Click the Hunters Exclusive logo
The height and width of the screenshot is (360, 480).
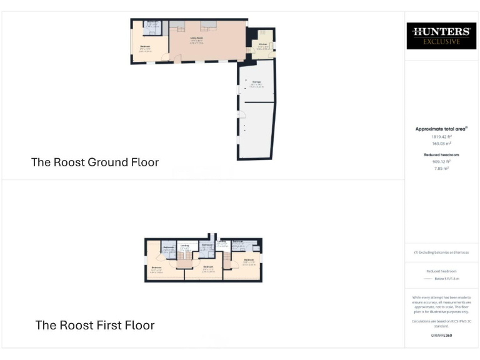pos(441,36)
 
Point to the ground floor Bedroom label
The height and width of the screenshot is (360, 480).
pos(145,47)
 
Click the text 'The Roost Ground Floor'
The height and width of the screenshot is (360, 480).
pos(95,162)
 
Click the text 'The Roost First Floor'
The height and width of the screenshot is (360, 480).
pos(95,325)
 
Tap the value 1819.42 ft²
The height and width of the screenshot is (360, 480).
pos(441,136)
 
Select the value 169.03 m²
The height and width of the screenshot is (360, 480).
pos(441,143)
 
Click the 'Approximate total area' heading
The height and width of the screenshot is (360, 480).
pos(441,129)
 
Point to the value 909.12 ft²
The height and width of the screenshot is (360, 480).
pos(441,161)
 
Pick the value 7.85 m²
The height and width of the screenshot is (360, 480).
pos(441,168)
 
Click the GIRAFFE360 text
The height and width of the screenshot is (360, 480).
pos(441,336)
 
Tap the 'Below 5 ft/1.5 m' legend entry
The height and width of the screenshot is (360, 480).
pos(446,281)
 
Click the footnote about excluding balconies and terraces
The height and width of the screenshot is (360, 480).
pos(441,252)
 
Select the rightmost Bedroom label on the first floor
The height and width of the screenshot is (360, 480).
pos(248,259)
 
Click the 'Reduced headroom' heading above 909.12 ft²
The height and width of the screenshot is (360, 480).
pos(441,154)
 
